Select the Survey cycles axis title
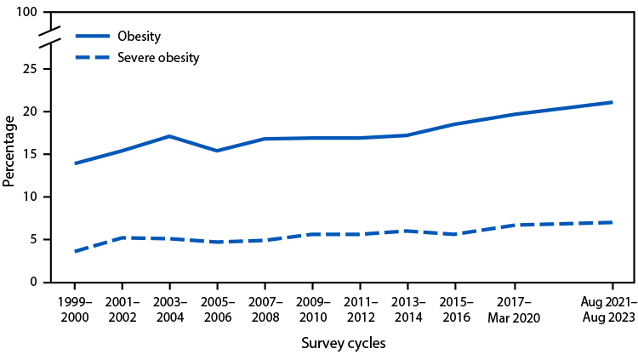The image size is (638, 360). tap(343, 344)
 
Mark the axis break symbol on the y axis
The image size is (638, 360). tap(49, 39)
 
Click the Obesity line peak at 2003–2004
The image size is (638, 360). tap(169, 136)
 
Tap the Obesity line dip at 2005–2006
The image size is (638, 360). tap(217, 151)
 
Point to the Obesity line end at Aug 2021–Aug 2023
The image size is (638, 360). tap(612, 102)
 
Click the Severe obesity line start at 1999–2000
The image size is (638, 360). tap(75, 251)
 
